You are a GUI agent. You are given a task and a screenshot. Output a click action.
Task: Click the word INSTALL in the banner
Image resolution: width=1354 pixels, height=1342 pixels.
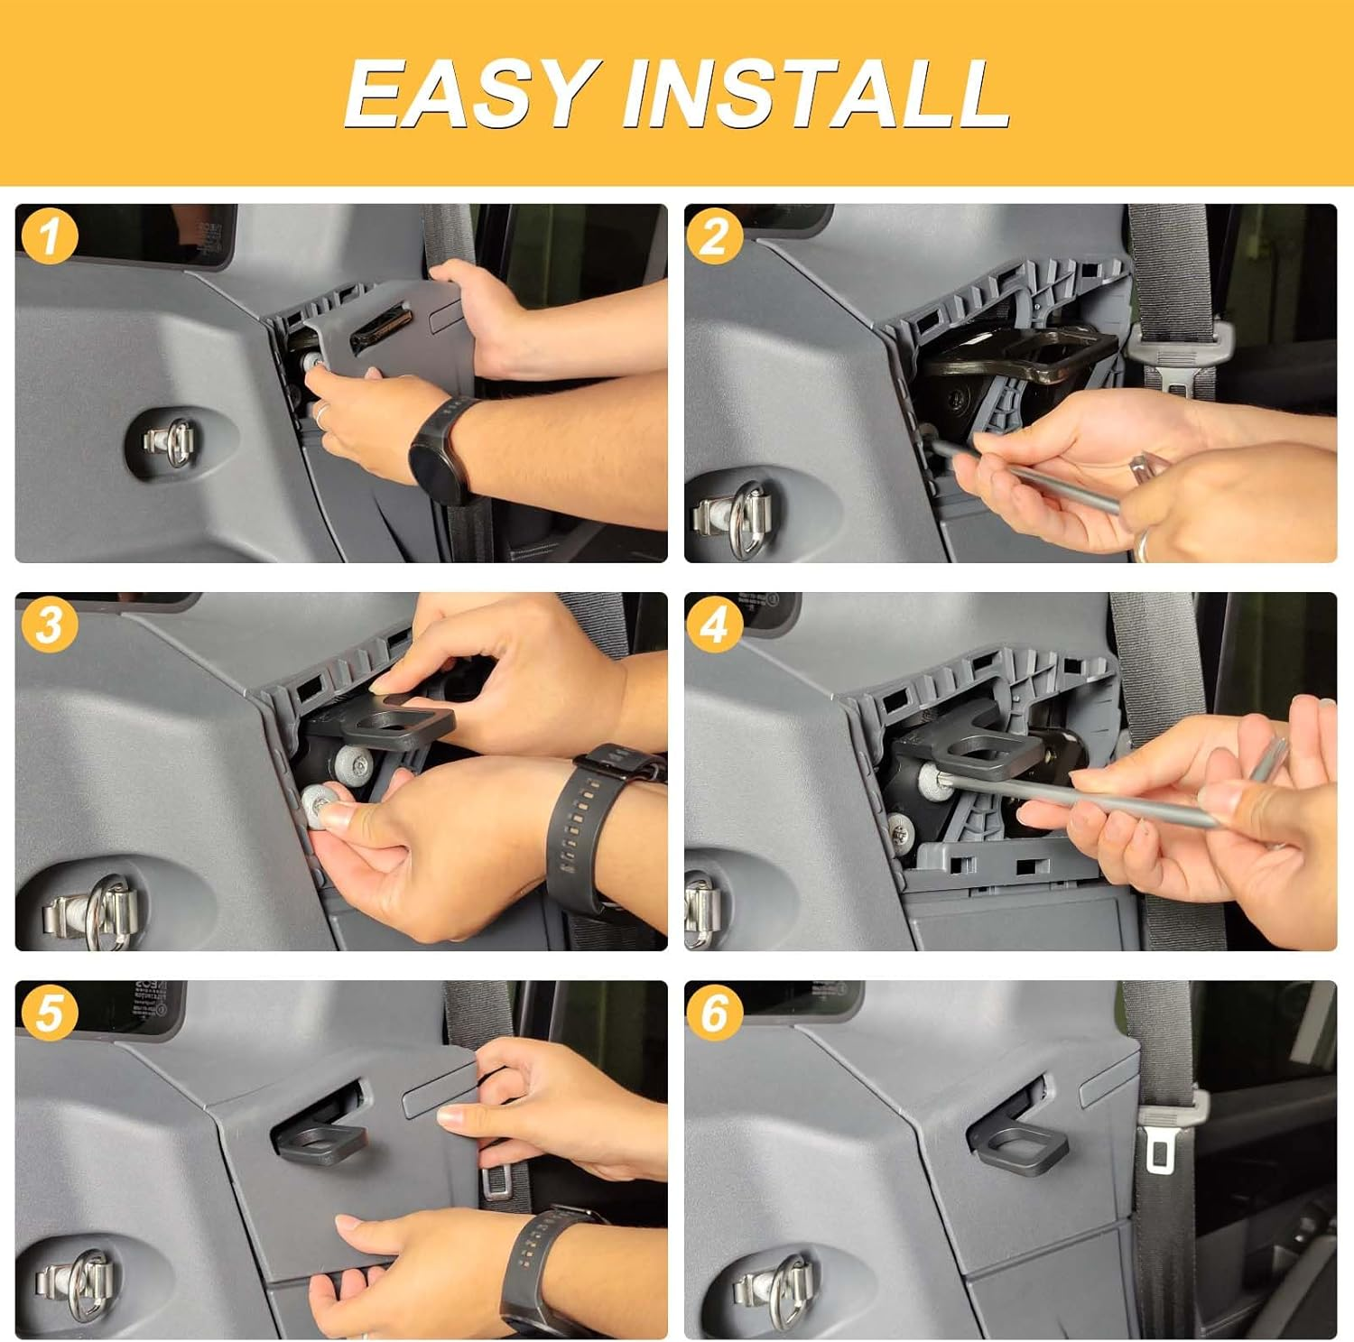click(816, 93)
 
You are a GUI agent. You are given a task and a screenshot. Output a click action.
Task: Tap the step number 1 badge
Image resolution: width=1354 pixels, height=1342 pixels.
click(48, 236)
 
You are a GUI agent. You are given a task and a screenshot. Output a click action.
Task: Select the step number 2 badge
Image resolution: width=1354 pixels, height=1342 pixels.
click(713, 236)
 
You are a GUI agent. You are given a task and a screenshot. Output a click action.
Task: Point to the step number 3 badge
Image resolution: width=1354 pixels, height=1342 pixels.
click(48, 625)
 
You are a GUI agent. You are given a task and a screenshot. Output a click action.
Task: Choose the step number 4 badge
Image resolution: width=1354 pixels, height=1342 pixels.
click(713, 625)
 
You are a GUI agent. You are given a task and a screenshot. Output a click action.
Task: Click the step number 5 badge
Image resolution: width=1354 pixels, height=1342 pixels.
click(48, 1012)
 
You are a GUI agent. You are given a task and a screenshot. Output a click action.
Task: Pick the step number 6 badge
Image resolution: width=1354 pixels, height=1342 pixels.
click(713, 1012)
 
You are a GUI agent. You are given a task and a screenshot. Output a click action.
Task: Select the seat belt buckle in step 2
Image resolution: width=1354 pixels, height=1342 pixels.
click(1175, 356)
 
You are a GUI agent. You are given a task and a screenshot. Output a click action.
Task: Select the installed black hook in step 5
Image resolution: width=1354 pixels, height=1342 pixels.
click(323, 1137)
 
